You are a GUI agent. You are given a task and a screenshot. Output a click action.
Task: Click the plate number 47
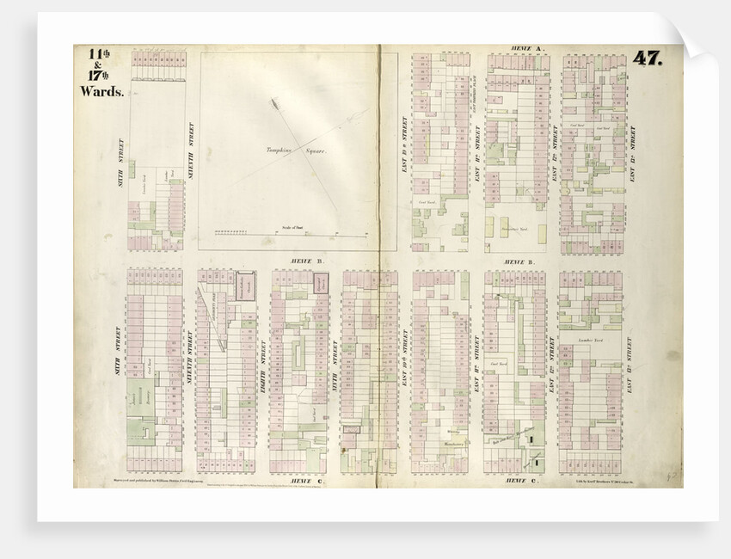[647, 58]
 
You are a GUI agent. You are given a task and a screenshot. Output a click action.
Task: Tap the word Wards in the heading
[102, 90]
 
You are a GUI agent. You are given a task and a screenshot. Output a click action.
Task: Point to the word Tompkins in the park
[280, 150]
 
